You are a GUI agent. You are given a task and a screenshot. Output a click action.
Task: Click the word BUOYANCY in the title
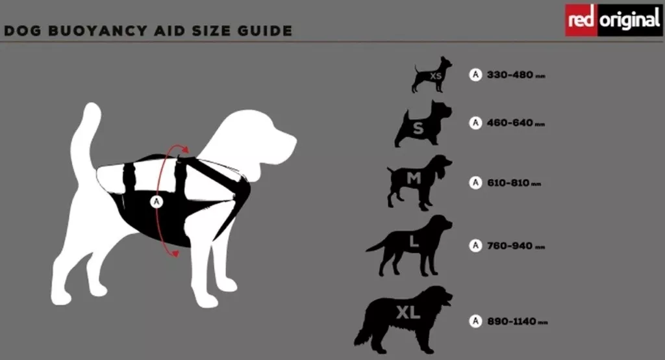[x=97, y=31]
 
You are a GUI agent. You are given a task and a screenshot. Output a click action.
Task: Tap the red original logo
[x=614, y=20]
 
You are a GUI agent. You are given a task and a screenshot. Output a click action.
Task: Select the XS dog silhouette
[x=432, y=74]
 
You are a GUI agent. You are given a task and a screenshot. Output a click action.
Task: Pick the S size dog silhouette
[x=423, y=124]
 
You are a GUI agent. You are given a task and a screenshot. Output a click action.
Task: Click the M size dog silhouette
[x=419, y=182]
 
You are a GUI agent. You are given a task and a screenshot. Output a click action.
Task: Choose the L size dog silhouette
[x=409, y=246]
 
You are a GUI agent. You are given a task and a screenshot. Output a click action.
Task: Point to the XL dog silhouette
[x=404, y=320]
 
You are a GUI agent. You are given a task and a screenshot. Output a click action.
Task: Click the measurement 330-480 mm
[x=516, y=75]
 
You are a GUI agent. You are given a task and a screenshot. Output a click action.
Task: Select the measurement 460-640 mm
[x=516, y=123]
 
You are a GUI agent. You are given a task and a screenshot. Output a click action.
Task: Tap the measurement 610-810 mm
[x=514, y=183]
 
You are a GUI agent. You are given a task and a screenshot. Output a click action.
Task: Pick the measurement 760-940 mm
[x=516, y=246]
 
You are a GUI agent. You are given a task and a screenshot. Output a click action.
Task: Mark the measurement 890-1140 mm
[x=518, y=322]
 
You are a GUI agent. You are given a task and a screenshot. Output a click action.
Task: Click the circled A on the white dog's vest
[x=157, y=201]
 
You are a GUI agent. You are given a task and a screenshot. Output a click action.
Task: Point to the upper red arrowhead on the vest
[x=184, y=149]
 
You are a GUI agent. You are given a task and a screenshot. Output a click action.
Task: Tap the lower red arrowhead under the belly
[x=175, y=253]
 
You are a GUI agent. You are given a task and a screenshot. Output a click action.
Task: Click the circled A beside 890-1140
[x=475, y=321]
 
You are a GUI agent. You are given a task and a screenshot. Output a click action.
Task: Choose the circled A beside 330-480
[x=475, y=75]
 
